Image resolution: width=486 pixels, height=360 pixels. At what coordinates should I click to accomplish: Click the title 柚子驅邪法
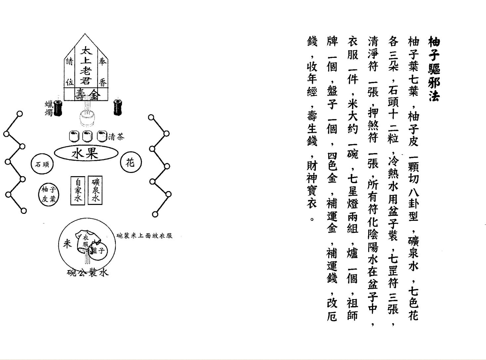click(x=434, y=69)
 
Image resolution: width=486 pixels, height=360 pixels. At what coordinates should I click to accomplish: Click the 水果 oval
click(x=86, y=153)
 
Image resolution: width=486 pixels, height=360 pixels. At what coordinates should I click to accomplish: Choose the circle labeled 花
click(x=131, y=162)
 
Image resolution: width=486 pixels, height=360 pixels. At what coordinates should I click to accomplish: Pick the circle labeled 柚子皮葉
click(x=49, y=194)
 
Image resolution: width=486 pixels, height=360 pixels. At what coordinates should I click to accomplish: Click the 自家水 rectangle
click(x=78, y=190)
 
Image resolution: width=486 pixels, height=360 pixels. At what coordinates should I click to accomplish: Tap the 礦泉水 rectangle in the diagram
click(x=95, y=190)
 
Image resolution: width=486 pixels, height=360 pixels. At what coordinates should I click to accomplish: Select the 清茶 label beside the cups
click(x=116, y=137)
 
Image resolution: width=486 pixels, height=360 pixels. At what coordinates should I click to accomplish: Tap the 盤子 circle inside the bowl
click(x=98, y=250)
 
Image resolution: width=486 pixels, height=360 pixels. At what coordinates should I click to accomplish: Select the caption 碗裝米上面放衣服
click(x=144, y=236)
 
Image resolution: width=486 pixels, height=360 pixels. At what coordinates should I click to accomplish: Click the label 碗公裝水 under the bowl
click(x=88, y=273)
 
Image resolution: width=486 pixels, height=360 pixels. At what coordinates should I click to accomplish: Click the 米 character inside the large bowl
click(x=67, y=244)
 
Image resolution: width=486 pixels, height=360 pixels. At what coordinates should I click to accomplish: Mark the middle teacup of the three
click(x=87, y=136)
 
